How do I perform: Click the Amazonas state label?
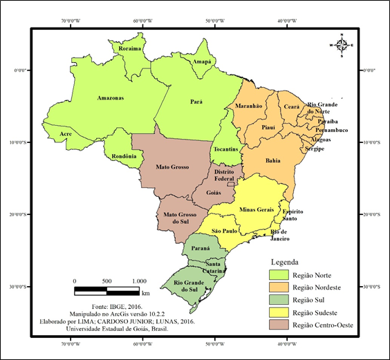pos(111,97)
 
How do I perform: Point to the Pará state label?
pos(196,102)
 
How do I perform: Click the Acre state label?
pos(66,134)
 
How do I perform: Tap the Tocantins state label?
pos(226,150)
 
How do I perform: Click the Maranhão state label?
pos(249,106)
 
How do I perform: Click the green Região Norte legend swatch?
pos(277,274)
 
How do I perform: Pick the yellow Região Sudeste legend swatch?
pos(277,312)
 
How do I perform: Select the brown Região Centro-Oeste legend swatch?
pos(277,325)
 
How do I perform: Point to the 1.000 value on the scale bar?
pos(138,281)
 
